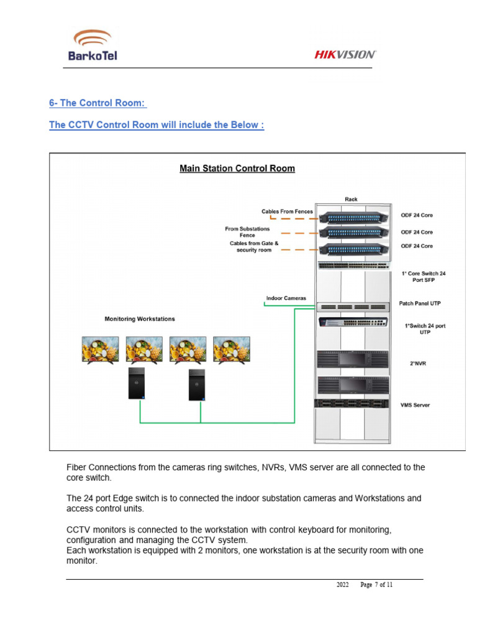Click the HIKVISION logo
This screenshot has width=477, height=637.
pyautogui.click(x=345, y=55)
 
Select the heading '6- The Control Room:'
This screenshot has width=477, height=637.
pyautogui.click(x=98, y=103)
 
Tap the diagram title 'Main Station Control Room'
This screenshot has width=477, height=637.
pyautogui.click(x=237, y=168)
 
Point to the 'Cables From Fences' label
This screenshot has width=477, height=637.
pyautogui.click(x=287, y=212)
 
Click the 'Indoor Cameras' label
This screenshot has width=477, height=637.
pyautogui.click(x=286, y=298)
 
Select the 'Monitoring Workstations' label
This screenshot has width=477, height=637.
pyautogui.click(x=140, y=319)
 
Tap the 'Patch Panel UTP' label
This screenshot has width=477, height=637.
pyautogui.click(x=420, y=304)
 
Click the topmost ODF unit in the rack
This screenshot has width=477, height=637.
pyautogui.click(x=352, y=217)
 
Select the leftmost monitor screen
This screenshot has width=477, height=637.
pyautogui.click(x=101, y=349)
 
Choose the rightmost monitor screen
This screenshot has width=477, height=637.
pyautogui.click(x=231, y=349)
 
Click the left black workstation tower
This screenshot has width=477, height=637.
pyautogui.click(x=137, y=383)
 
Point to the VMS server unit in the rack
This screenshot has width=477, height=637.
pyautogui.click(x=352, y=403)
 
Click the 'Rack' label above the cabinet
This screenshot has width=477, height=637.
pyautogui.click(x=352, y=199)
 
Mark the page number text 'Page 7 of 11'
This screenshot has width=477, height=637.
pyautogui.click(x=376, y=585)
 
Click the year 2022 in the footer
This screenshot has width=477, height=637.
pyautogui.click(x=343, y=585)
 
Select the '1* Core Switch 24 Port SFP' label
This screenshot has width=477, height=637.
pyautogui.click(x=424, y=277)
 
